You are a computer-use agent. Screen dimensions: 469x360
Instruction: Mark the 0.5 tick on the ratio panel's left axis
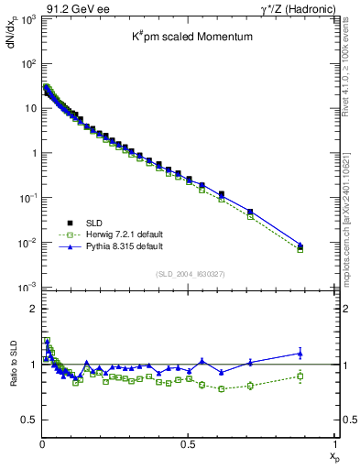tap(28, 420)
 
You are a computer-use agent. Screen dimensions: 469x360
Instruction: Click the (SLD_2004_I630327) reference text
tap(188, 274)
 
